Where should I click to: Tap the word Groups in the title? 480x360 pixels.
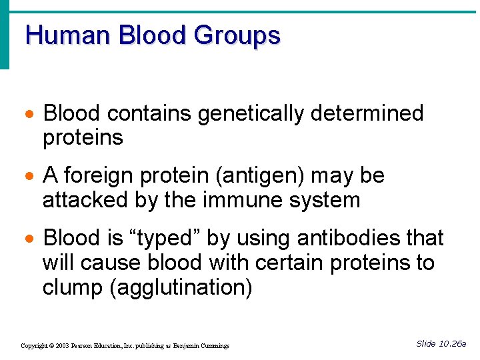tap(237, 35)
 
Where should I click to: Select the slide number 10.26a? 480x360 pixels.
tap(451, 343)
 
